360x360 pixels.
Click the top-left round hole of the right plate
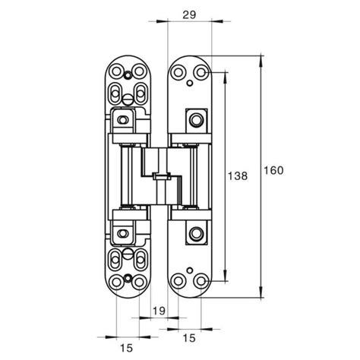[179, 73]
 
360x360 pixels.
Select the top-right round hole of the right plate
[201, 73]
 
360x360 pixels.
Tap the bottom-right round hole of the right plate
[201, 280]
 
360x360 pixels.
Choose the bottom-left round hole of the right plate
[179, 280]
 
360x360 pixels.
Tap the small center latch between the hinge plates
[159, 177]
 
